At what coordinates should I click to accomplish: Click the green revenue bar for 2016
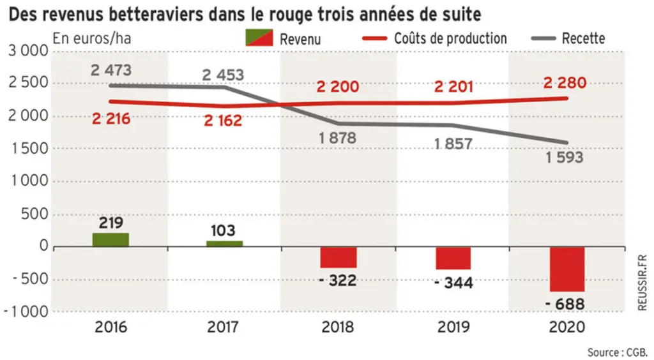pos(110,240)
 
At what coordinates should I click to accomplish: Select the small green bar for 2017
pos(224,244)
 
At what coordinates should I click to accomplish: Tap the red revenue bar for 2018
pos(338,257)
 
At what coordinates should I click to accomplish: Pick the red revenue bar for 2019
pos(453,259)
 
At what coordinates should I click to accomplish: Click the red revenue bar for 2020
pos(567,269)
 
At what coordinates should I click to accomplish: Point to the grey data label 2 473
pos(111,70)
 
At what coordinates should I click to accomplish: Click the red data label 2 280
pos(565,82)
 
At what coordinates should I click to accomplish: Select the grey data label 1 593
pos(565,158)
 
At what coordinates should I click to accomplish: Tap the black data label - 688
pos(565,304)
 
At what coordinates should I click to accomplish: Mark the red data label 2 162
pos(223,121)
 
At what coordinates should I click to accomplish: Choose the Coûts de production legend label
pos(450,38)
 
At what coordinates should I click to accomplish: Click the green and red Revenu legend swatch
pos(259,38)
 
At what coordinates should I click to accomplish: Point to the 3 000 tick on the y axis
pos(28,51)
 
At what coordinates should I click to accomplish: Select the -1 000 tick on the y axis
pos(26,311)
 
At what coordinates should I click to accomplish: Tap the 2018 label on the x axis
pos(337,327)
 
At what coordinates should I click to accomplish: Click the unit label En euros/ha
pos(92,38)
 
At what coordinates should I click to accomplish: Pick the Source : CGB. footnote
pos(618,352)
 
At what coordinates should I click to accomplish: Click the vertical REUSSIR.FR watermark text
pos(643,283)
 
